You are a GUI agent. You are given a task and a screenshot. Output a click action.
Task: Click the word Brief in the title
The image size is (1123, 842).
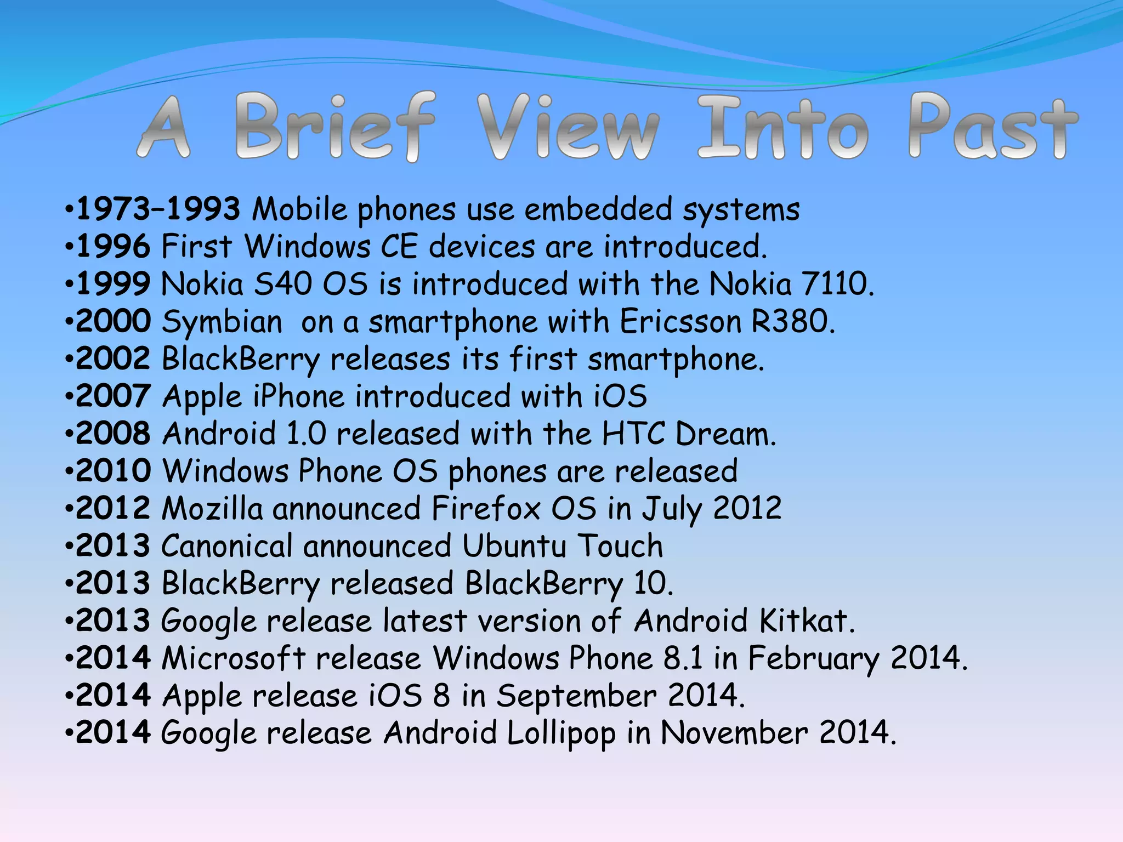coord(336,127)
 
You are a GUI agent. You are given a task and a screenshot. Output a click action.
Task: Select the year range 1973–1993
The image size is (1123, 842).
coord(158,209)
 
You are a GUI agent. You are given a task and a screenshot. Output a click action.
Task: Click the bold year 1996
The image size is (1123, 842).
coord(113,247)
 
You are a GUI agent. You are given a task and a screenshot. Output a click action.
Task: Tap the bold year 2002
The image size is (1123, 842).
coord(113,359)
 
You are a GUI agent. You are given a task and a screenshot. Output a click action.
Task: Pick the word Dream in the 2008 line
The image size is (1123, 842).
coord(725,434)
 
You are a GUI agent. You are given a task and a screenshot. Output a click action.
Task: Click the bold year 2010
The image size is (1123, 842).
coord(113,471)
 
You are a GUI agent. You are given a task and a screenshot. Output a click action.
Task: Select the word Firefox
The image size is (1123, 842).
coord(486,509)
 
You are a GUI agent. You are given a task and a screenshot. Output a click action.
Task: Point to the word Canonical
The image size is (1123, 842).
coord(227,547)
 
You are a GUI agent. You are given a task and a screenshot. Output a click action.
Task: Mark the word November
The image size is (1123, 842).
coord(734,733)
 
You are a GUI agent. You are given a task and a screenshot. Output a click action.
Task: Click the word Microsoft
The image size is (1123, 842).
coord(234,658)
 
